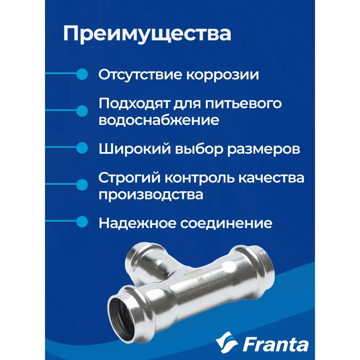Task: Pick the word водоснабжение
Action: tap(159, 120)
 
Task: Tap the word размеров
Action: tap(263, 149)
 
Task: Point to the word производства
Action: tap(151, 194)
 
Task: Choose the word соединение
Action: tap(226, 223)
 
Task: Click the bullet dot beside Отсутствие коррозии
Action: tap(83, 74)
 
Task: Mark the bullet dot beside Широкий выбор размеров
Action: tap(83, 148)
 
